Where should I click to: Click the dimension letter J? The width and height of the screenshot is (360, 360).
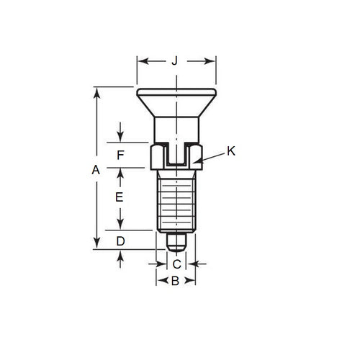click(175, 61)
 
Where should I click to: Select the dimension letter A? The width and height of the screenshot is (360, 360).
click(95, 170)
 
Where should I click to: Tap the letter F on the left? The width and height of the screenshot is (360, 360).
click(120, 155)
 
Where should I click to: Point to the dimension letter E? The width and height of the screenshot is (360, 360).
click(120, 196)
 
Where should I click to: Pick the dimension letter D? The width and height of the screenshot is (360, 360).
click(120, 240)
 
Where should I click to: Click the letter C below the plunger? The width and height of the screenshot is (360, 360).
click(176, 264)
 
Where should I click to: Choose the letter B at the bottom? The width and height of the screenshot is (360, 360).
click(175, 282)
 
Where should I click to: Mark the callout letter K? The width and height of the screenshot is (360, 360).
click(230, 150)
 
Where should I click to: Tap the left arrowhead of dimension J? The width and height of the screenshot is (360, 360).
click(139, 61)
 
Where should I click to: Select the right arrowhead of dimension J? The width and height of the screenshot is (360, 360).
click(215, 61)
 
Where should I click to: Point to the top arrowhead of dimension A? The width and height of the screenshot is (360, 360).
click(95, 89)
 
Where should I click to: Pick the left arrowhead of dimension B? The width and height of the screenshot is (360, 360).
click(158, 282)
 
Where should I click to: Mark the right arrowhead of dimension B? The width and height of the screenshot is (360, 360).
click(194, 282)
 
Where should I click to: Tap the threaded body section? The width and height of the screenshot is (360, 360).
click(176, 202)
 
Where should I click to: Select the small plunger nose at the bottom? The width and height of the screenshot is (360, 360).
click(176, 240)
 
